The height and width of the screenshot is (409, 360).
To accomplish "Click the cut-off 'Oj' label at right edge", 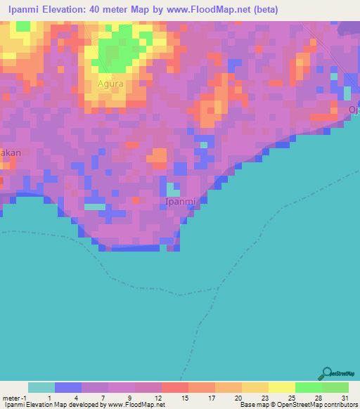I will (354, 110).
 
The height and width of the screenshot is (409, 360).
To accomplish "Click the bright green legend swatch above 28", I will (308, 387).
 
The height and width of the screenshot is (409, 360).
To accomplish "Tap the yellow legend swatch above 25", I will (281, 387).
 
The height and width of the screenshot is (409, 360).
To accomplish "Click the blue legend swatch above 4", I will (68, 387).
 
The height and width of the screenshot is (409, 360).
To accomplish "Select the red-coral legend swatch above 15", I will (174, 387).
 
